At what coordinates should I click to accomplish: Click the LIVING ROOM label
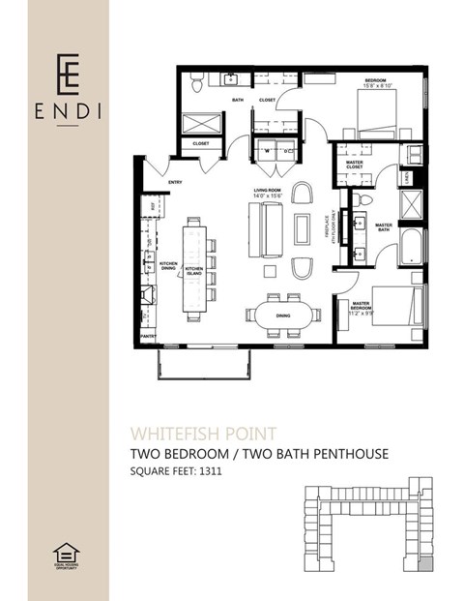point(266,194)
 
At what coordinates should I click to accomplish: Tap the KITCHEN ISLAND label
point(194,269)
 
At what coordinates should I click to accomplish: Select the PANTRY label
point(148,335)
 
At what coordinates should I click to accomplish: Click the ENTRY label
point(175,182)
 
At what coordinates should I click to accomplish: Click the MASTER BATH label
point(384,227)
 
